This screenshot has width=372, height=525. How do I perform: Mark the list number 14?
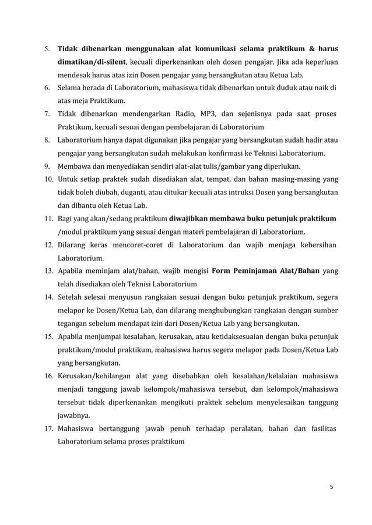tap(48, 297)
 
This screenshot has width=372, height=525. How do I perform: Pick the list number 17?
tap(48, 429)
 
